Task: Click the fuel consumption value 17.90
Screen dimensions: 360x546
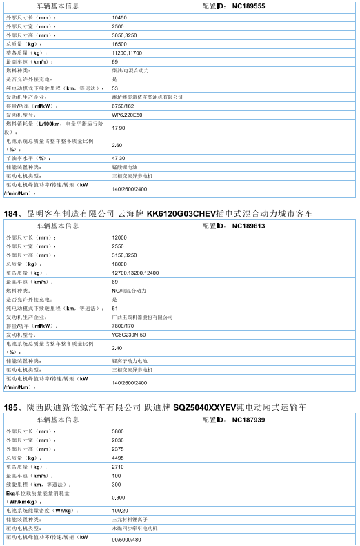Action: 118,128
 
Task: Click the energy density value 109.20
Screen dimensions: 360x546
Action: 119,510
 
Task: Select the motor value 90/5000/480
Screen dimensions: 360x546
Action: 126,540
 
